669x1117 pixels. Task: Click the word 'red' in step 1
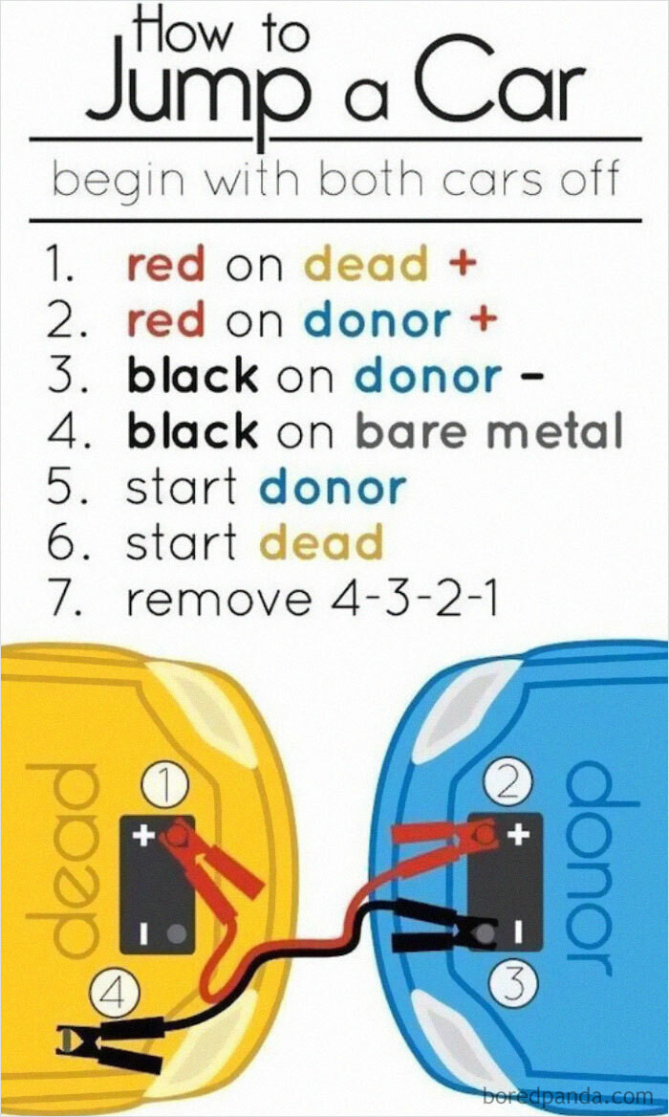pos(165,265)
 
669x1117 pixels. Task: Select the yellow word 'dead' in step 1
pos(353,265)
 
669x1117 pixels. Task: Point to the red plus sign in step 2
pos(485,319)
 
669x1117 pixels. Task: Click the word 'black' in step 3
pos(192,376)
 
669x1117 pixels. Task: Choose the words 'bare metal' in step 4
pos(488,431)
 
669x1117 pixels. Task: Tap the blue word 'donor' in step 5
pos(333,488)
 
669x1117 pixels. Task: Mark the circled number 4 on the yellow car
pos(113,995)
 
